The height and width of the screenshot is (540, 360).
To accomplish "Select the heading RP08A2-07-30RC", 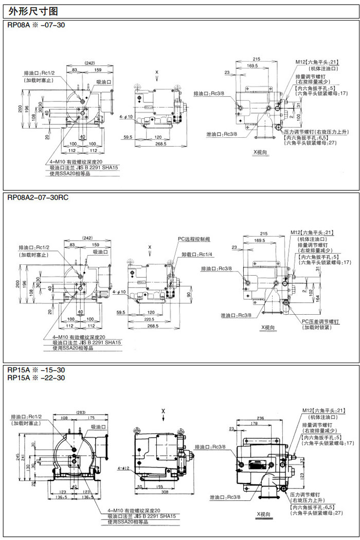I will pyautogui.click(x=38, y=197).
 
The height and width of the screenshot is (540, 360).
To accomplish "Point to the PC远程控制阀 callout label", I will pyautogui.click(x=194, y=239).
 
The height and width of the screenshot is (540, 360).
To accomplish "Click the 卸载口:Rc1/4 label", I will pyautogui.click(x=198, y=254).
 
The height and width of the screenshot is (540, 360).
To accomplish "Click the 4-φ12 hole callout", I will pyautogui.click(x=122, y=468).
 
